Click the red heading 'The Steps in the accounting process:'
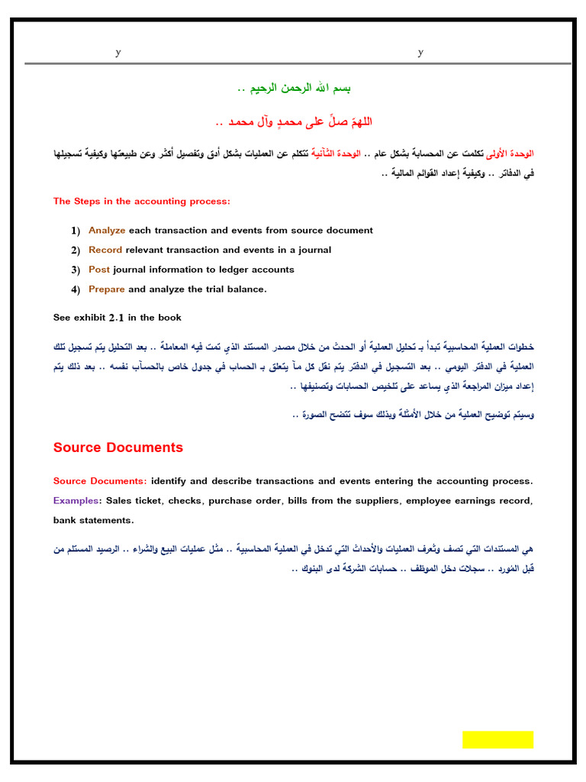141,202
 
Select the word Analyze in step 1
107,230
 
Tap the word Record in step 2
105,250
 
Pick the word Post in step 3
99,270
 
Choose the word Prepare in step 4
107,289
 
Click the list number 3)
76,270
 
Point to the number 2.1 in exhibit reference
116,317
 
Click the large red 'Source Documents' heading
118,448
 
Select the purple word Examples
76,501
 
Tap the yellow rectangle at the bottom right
497,739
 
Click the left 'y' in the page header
118,52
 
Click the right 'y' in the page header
420,52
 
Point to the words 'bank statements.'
93,521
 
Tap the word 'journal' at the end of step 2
315,250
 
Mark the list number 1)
76,231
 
